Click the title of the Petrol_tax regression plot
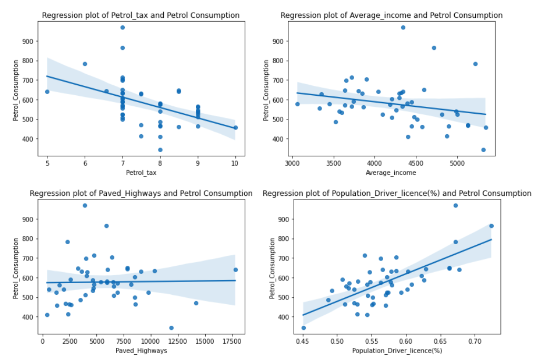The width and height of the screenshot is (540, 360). coord(141,15)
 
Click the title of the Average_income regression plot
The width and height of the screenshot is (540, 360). coord(391,15)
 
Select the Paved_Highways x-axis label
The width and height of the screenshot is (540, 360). coord(141,351)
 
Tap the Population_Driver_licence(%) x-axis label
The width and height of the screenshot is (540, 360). coord(397,351)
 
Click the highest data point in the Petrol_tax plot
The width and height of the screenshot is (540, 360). coord(123,27)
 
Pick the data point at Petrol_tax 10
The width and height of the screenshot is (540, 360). coord(235,127)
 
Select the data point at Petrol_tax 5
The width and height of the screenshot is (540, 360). coord(47,92)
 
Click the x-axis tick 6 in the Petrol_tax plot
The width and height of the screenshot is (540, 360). coord(85,163)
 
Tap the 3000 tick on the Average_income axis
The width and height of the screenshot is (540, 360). coord(292,163)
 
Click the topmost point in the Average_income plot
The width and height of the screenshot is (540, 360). coord(403,27)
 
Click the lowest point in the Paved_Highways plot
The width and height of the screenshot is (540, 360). coord(171,327)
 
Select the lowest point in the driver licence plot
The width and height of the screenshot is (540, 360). coord(304,327)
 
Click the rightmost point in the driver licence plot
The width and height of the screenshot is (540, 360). coord(491,226)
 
